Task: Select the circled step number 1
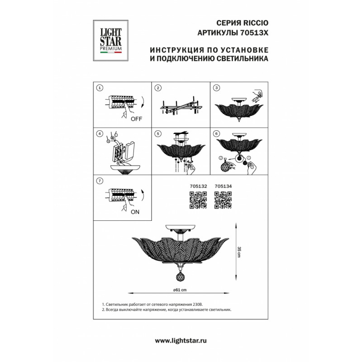pyautogui.click(x=100, y=88)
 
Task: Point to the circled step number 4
pyautogui.click(x=100, y=134)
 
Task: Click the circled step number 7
pyautogui.click(x=100, y=181)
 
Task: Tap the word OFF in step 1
pyautogui.click(x=136, y=119)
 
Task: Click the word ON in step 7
pyautogui.click(x=135, y=211)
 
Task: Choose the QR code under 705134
pyautogui.click(x=223, y=200)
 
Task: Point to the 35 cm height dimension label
pyautogui.click(x=238, y=252)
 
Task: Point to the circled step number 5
pyautogui.click(x=157, y=134)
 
